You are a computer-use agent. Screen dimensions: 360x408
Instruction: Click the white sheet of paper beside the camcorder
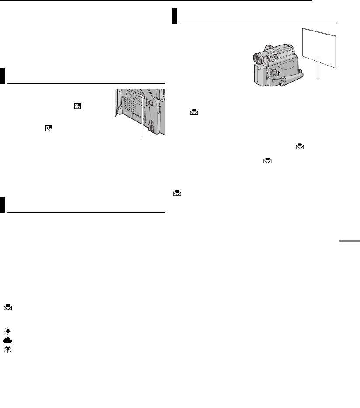319,46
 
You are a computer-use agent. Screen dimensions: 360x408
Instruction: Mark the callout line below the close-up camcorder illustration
142,127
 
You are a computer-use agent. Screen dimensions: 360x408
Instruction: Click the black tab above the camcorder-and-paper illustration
175,16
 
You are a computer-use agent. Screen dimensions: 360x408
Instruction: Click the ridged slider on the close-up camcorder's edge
160,110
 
